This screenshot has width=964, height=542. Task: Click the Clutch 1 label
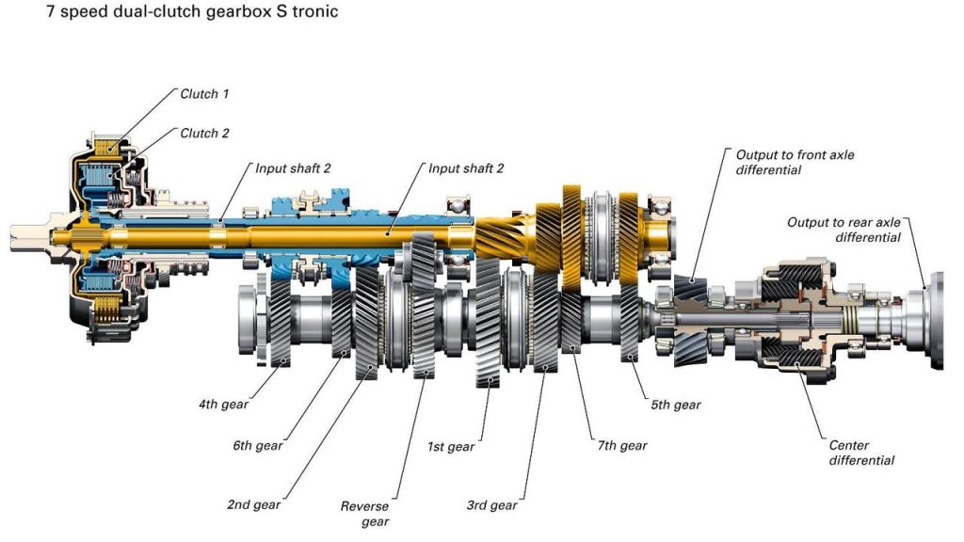[x=204, y=94]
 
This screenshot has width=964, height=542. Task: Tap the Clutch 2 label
[x=204, y=134]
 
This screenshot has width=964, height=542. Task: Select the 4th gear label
[x=222, y=406]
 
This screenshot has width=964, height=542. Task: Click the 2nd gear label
[x=253, y=505]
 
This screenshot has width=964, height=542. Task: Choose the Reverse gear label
[x=364, y=514]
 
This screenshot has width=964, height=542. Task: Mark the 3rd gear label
[x=491, y=505]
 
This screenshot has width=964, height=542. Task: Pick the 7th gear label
[x=621, y=445]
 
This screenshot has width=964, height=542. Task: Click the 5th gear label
[x=675, y=406]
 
